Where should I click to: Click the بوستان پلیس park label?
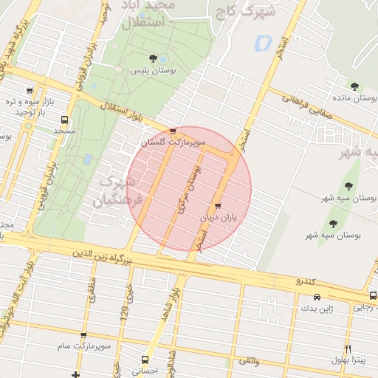coord(153,72)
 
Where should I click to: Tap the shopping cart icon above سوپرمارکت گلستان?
coord(173,130)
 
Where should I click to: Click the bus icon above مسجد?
coord(65,119)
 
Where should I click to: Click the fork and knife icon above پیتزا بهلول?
coord(348,348)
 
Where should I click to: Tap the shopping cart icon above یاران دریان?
coord(217,206)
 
